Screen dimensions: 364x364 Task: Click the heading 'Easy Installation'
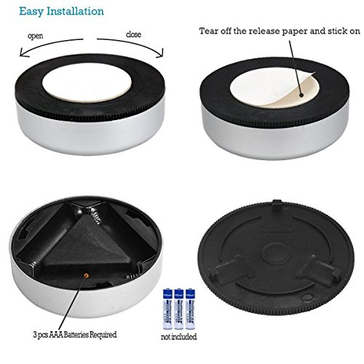pos(51,12)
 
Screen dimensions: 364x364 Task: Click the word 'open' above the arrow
pos(36,36)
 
